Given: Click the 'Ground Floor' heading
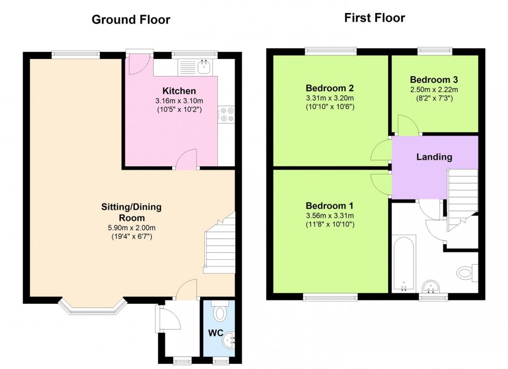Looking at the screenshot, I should pos(131,20).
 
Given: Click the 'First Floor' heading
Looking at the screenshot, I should pos(374,18).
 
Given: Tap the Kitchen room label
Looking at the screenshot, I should pos(179,91).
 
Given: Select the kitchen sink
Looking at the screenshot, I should pos(204,66).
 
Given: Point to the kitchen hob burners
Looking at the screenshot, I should pos(227,114).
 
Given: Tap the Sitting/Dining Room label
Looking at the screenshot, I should pos(131,212).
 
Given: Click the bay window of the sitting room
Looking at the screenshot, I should pos(92,307).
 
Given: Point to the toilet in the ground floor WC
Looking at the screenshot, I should pos(220,313).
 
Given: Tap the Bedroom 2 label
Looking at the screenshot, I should pos(330,87).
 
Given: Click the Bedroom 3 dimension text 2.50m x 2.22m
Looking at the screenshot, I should pos(433,90).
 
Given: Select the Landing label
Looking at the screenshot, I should pos(434,157).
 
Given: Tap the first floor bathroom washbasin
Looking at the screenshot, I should pos(431,286).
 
